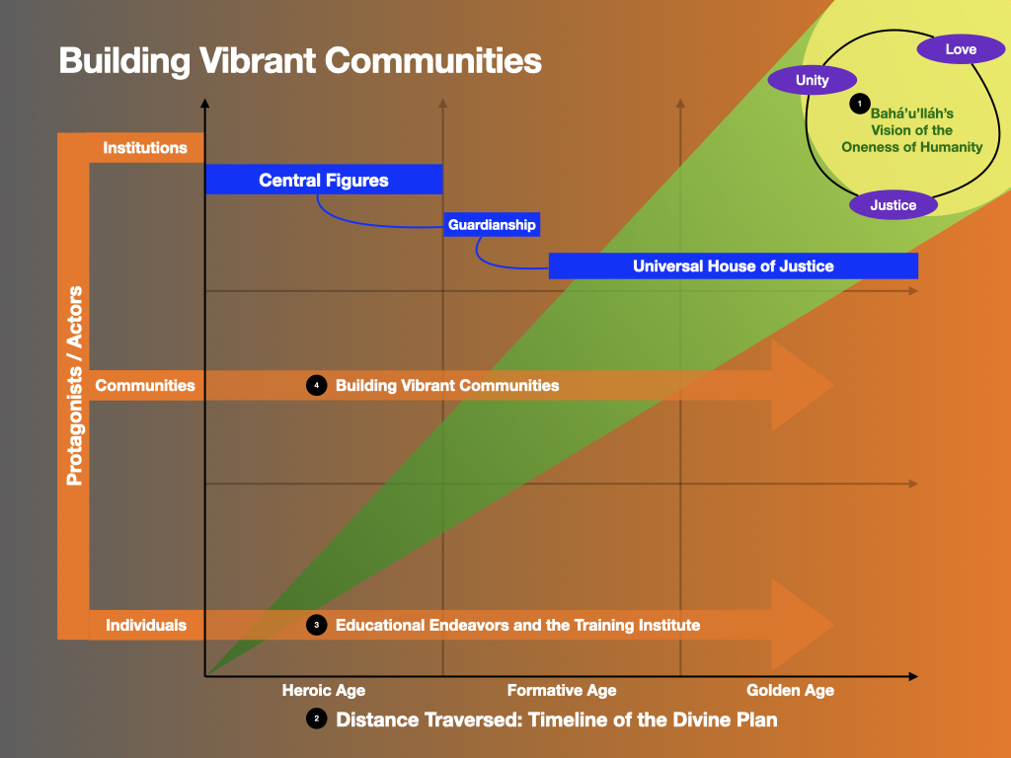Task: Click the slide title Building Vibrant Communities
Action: coord(300,60)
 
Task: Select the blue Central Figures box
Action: coord(324,180)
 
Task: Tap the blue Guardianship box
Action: coord(492,225)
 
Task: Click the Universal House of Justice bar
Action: coord(733,265)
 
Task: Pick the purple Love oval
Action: coord(961,48)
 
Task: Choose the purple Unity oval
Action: coord(813,80)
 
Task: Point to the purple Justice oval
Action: coord(894,205)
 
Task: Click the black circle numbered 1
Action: coord(860,103)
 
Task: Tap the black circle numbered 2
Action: coord(316,720)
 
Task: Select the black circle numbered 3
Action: coord(316,625)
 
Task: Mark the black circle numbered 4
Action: coord(316,385)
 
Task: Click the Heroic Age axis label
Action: coord(324,690)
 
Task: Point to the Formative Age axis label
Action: coord(562,690)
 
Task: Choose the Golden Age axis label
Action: coord(790,690)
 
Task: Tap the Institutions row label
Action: coord(145,148)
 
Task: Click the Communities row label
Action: coord(145,385)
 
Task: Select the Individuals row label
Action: coord(146,625)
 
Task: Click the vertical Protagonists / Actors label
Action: coord(74,386)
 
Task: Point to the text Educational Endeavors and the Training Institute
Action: coord(517,625)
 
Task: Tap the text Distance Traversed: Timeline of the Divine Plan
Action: coord(557,720)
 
